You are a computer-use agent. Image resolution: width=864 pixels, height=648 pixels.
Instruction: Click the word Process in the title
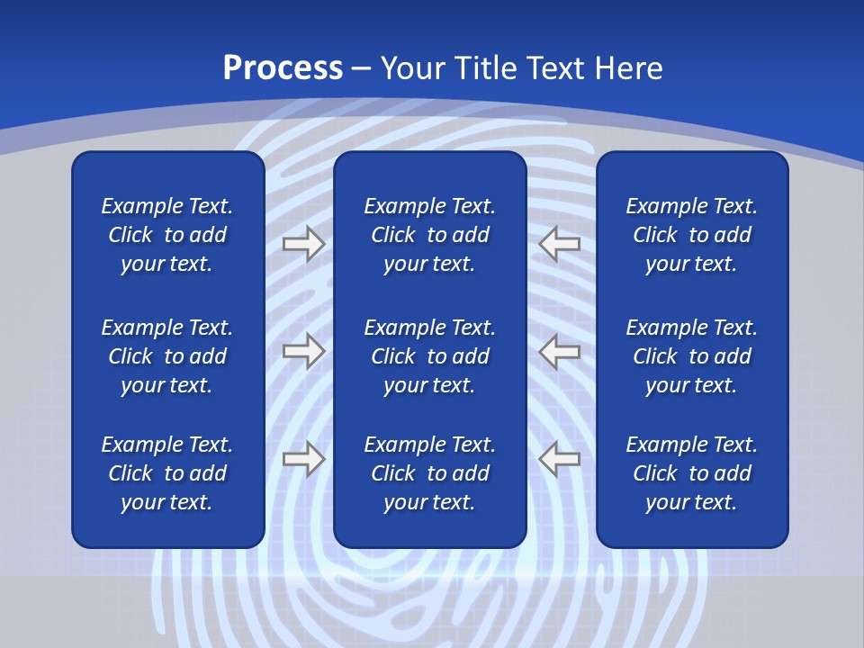283,68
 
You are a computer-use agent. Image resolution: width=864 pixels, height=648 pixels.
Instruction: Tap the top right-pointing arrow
304,244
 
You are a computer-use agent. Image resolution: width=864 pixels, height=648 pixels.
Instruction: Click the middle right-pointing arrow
304,351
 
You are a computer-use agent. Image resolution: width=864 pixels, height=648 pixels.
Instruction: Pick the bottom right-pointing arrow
304,459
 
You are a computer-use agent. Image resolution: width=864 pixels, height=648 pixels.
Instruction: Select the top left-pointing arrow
560,244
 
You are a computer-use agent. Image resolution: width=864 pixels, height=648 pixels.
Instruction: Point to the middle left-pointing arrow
560,351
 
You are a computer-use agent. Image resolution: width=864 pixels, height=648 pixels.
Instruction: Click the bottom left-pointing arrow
560,459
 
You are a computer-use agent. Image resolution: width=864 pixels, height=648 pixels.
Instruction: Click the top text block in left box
167,235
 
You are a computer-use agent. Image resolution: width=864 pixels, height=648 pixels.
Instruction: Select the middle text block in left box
167,356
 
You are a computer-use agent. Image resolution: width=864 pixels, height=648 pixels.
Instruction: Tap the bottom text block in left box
167,473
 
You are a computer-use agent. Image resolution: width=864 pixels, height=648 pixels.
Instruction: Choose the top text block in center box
429,235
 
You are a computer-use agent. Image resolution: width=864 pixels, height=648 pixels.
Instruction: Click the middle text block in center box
429,356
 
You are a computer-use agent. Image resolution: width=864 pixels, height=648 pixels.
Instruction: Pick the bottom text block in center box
429,473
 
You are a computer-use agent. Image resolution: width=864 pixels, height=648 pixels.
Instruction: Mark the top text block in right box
691,235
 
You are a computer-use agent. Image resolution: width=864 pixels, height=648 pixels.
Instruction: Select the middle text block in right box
691,356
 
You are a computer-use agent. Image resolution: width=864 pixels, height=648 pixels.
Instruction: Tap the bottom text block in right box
691,473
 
